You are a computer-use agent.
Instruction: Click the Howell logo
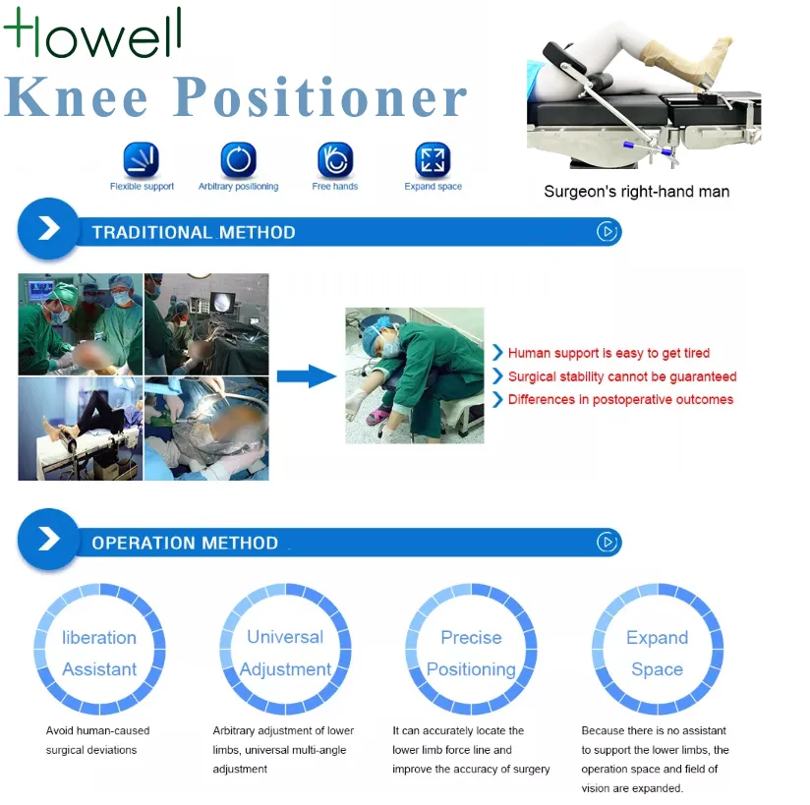click(93, 32)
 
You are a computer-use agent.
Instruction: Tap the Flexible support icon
click(141, 159)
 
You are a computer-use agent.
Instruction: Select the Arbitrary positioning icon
click(238, 159)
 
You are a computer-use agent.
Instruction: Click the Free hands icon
click(335, 159)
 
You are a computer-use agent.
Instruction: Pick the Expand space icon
click(433, 159)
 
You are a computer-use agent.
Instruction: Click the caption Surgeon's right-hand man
click(636, 192)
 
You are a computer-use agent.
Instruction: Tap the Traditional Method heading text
click(194, 233)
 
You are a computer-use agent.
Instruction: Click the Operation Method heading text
click(185, 543)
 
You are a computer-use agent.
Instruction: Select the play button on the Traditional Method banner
click(607, 232)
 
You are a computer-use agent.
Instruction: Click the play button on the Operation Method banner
click(607, 542)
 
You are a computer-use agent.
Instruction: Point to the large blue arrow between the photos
click(307, 375)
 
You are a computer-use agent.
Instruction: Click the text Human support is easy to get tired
click(608, 353)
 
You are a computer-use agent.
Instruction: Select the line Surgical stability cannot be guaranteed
click(622, 376)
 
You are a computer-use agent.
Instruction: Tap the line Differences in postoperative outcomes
click(620, 399)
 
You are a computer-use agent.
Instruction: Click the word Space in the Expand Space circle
click(657, 669)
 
